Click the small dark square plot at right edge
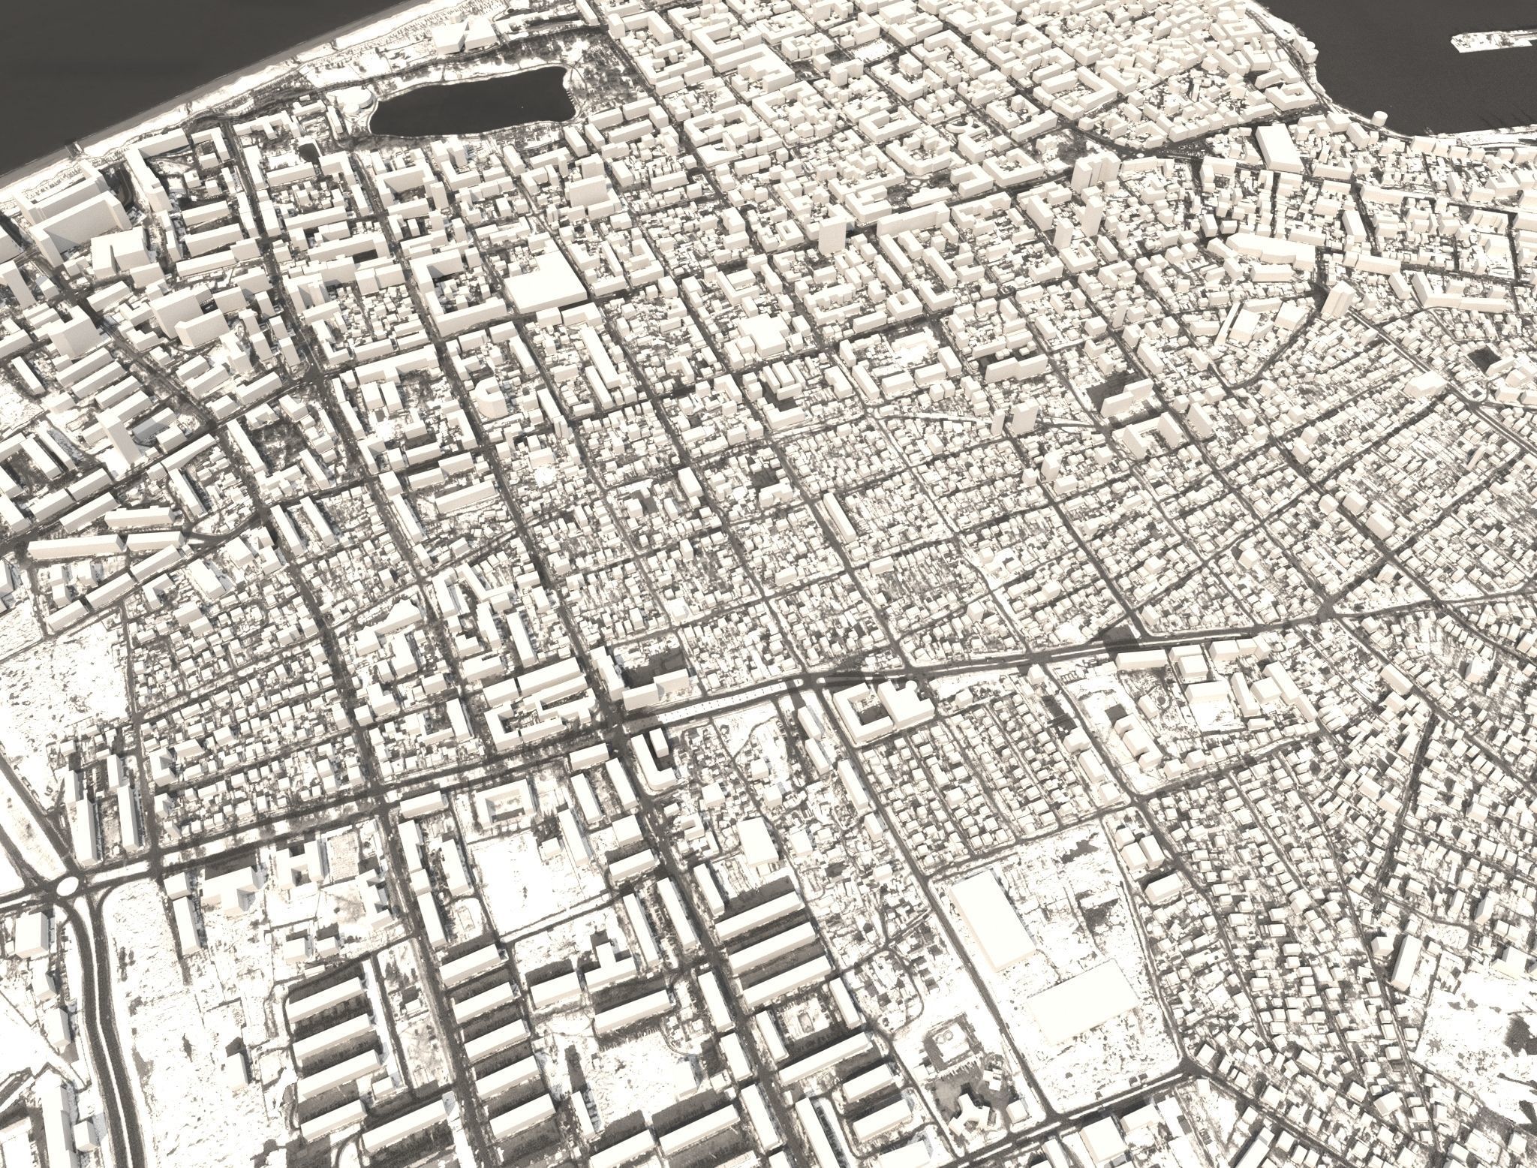point(1475,357)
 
